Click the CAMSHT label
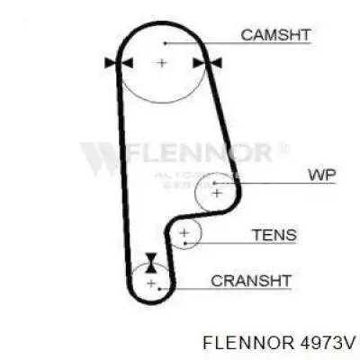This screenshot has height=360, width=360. coord(275,35)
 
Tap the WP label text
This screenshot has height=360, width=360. coord(322,175)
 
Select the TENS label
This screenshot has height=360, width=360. coord(274,235)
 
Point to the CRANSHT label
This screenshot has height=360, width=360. coord(251,281)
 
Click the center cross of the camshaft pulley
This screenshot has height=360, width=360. coord(161,63)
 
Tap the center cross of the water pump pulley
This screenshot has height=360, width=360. coord(217,193)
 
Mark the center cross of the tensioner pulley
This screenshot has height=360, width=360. coord(184,233)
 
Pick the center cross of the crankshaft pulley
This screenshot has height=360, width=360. coord(151,283)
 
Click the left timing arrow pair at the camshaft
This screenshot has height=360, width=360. coord(119,63)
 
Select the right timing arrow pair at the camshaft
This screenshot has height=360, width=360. coord(207,63)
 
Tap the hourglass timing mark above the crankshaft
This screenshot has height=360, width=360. coord(150,263)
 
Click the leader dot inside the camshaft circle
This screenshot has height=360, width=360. coord(165,43)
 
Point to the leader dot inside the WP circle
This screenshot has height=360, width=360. coord(214,183)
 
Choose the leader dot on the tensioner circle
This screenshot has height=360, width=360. coord(185,243)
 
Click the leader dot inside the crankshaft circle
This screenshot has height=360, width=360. coord(160,289)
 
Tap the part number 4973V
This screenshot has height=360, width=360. coord(326,342)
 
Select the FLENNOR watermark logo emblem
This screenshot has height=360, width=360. coord(98,159)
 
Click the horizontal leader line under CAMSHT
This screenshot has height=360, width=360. coord(238,43)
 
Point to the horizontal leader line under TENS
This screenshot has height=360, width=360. coord(241,243)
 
